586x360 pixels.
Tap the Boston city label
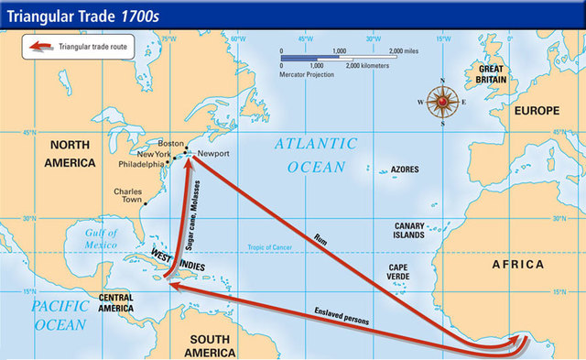171,144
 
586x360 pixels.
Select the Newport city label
212,154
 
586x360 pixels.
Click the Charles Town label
128,196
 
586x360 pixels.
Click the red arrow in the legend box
38,44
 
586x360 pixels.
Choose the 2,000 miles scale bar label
407,52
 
